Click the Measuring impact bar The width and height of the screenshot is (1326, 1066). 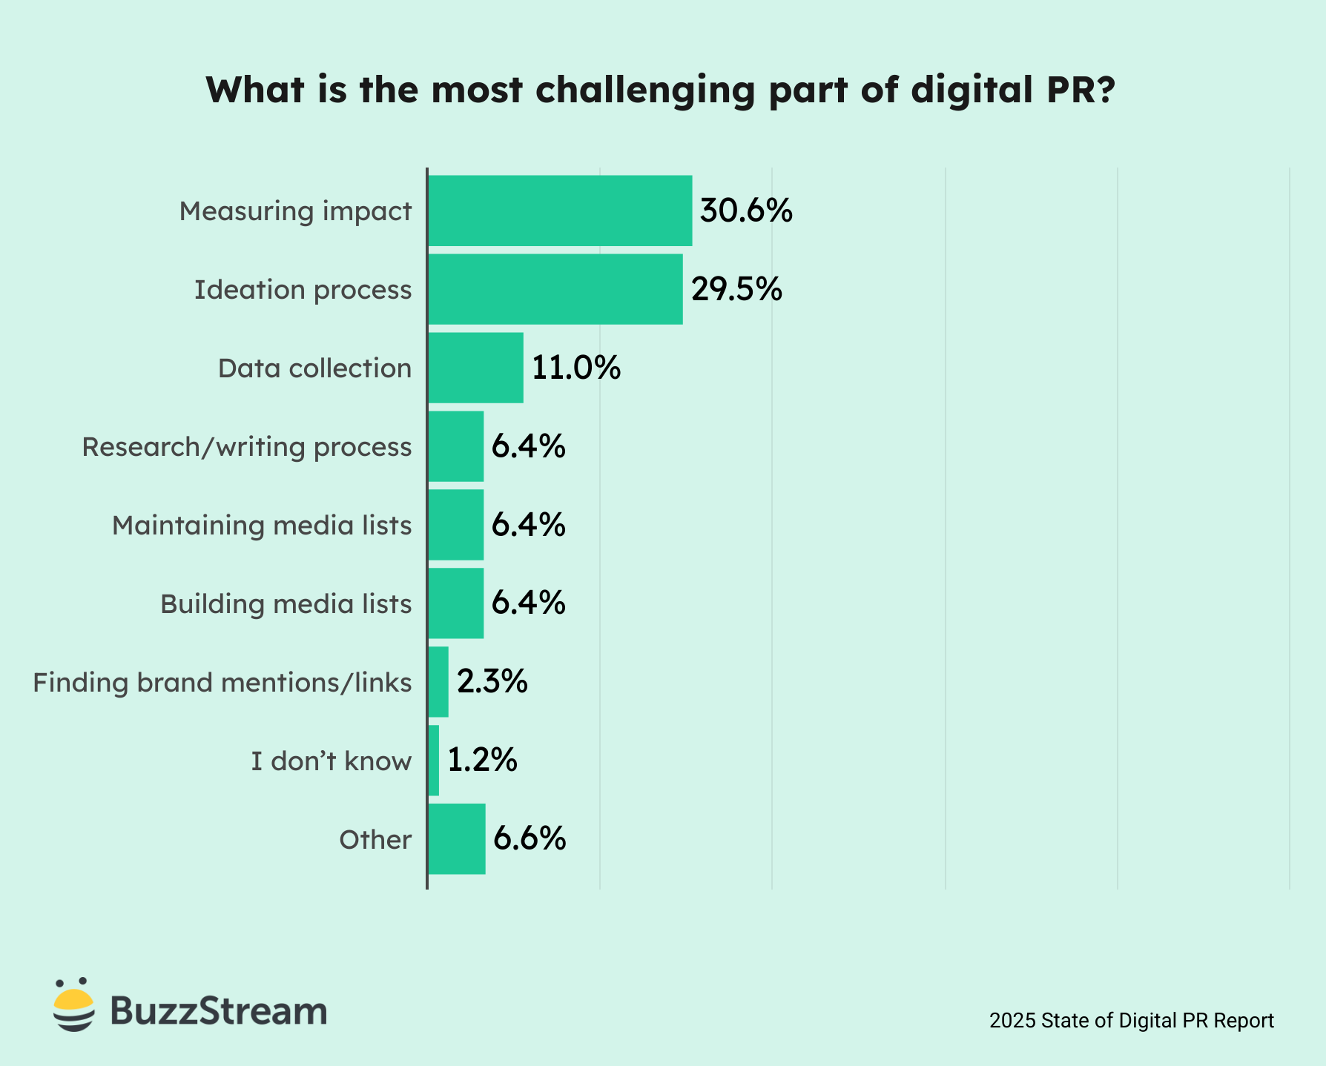click(560, 211)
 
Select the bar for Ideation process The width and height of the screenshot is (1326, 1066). click(555, 289)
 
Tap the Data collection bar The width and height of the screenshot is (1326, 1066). click(475, 368)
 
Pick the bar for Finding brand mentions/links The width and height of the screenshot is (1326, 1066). click(438, 682)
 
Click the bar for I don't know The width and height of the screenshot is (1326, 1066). click(434, 761)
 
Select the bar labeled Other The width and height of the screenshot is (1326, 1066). click(457, 839)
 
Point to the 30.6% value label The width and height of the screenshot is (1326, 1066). click(746, 211)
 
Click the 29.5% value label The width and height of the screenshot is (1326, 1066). click(736, 289)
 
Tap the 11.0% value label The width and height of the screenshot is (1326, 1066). click(576, 368)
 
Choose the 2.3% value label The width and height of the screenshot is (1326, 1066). click(492, 682)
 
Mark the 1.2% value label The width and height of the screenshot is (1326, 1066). click(482, 761)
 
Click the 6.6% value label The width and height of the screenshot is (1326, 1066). click(530, 839)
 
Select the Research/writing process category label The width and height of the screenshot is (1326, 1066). click(246, 447)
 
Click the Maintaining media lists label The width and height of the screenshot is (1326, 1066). click(262, 526)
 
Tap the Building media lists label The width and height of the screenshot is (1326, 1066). click(286, 604)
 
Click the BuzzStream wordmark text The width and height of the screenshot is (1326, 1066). click(219, 1011)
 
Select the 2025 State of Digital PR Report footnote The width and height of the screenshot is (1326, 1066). click(1131, 1021)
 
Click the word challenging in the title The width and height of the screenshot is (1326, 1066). click(644, 90)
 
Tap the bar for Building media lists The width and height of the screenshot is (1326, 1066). click(456, 603)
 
